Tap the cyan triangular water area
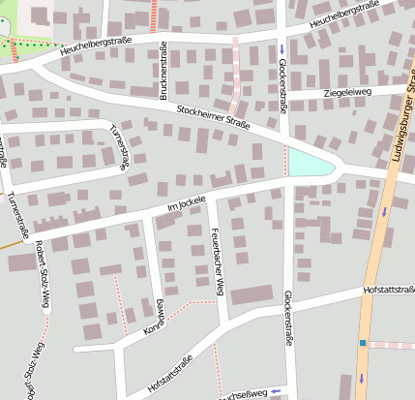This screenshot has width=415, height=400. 308,164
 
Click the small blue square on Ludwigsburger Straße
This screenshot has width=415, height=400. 363,343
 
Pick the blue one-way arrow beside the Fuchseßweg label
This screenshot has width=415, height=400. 276,390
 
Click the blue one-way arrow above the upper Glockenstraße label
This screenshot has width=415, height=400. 282,48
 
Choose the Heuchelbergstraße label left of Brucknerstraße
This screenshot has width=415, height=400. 95,48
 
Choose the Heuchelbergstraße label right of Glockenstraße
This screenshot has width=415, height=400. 343,14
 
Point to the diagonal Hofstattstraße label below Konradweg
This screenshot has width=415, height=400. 171,373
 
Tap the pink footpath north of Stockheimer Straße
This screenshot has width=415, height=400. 235,73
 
